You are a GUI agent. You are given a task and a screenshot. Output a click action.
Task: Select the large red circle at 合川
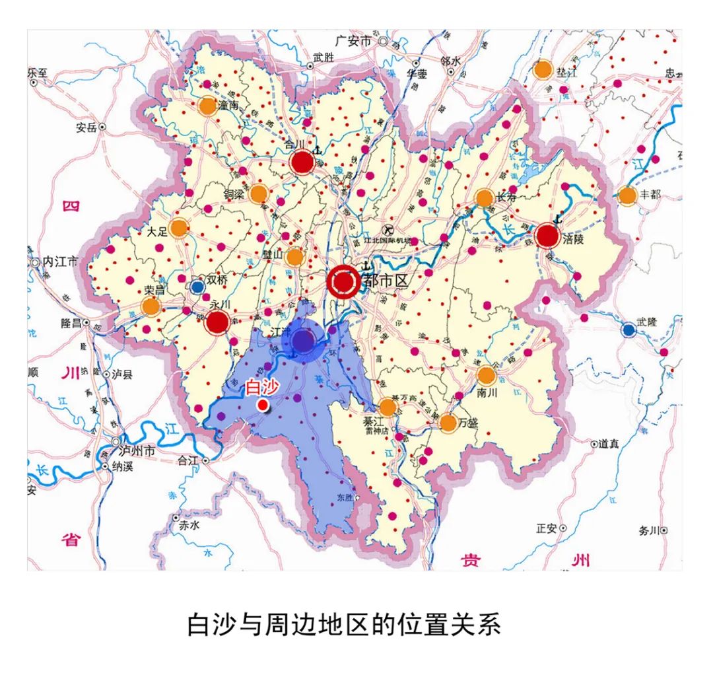302,162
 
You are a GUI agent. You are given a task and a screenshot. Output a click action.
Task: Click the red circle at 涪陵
547,236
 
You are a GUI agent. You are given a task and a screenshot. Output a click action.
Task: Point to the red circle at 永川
217,322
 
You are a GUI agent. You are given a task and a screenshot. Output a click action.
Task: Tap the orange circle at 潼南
207,106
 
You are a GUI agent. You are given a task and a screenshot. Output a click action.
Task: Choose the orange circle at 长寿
484,197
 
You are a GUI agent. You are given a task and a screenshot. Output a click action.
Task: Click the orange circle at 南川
486,375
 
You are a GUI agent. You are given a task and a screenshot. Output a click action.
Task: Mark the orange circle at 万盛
448,423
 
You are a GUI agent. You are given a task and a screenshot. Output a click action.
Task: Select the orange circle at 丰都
627,195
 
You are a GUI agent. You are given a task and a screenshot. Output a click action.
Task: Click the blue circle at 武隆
628,330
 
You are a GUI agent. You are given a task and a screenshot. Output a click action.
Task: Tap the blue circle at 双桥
197,287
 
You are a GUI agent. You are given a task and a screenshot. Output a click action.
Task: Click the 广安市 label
355,41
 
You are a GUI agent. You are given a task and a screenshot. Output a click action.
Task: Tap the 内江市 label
60,262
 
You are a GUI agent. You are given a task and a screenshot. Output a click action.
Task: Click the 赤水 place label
189,526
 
